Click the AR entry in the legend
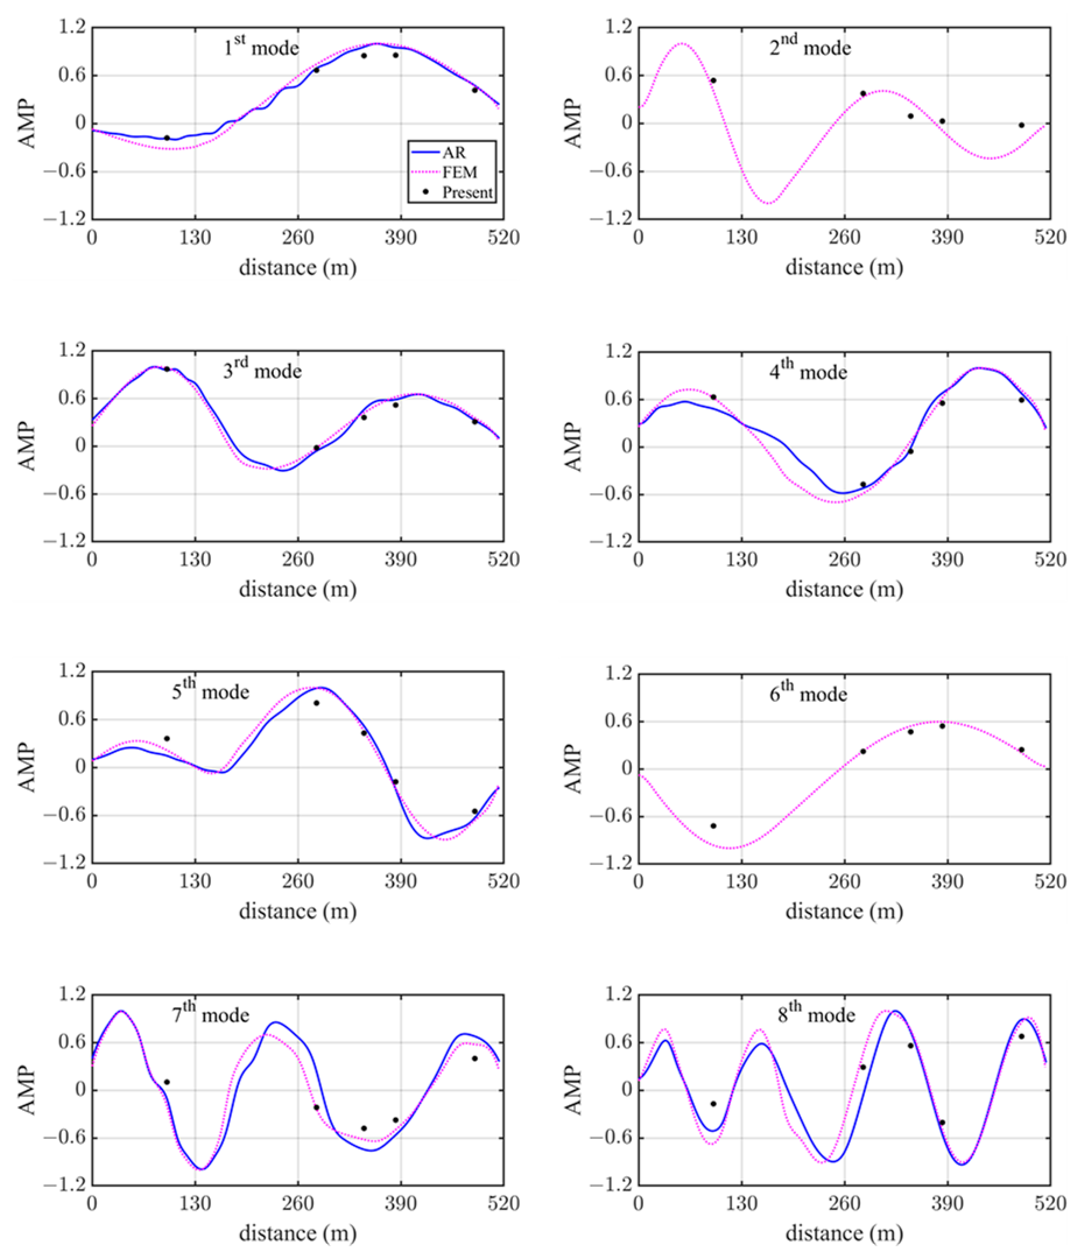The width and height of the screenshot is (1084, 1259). pos(453,153)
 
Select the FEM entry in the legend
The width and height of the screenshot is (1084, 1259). pos(459,173)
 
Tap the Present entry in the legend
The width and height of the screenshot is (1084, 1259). pos(467,192)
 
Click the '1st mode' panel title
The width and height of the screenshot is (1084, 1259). pos(261,47)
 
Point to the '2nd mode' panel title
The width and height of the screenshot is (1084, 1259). pos(810,47)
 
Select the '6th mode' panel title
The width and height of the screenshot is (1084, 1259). pos(808,693)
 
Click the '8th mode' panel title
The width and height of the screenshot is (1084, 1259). pos(816,1015)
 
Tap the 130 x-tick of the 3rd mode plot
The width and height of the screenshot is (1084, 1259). pos(195,559)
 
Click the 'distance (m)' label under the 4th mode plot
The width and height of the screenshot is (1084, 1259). pos(844,589)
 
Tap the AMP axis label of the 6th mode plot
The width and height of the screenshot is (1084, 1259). pos(573,769)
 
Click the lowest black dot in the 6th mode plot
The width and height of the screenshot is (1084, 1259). pos(713,826)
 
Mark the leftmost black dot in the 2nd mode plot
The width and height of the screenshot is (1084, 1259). pos(713,80)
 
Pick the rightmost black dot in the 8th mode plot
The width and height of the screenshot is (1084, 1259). pos(1022,1036)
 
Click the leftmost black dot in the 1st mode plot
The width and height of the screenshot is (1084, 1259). pos(167,138)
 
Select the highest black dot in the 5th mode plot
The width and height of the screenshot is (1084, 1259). pos(316,703)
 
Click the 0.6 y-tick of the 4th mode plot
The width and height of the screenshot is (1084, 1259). pos(618,399)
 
